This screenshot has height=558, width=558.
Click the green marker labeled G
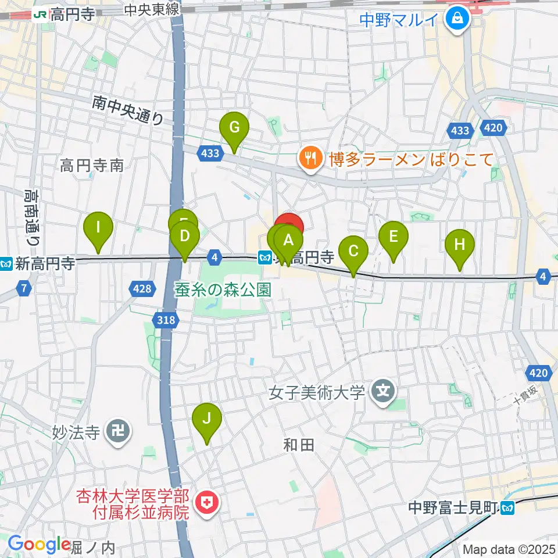(234, 128)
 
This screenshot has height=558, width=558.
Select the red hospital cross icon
(206, 503)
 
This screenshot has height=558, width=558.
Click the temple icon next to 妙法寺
(118, 432)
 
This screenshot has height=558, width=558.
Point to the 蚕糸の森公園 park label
(223, 289)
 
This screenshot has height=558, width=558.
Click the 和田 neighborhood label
(299, 445)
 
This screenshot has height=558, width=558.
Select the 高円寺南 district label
(92, 166)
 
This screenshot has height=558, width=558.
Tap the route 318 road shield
(164, 319)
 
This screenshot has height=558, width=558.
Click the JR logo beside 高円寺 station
(41, 13)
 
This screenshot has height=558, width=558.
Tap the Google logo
(39, 545)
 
